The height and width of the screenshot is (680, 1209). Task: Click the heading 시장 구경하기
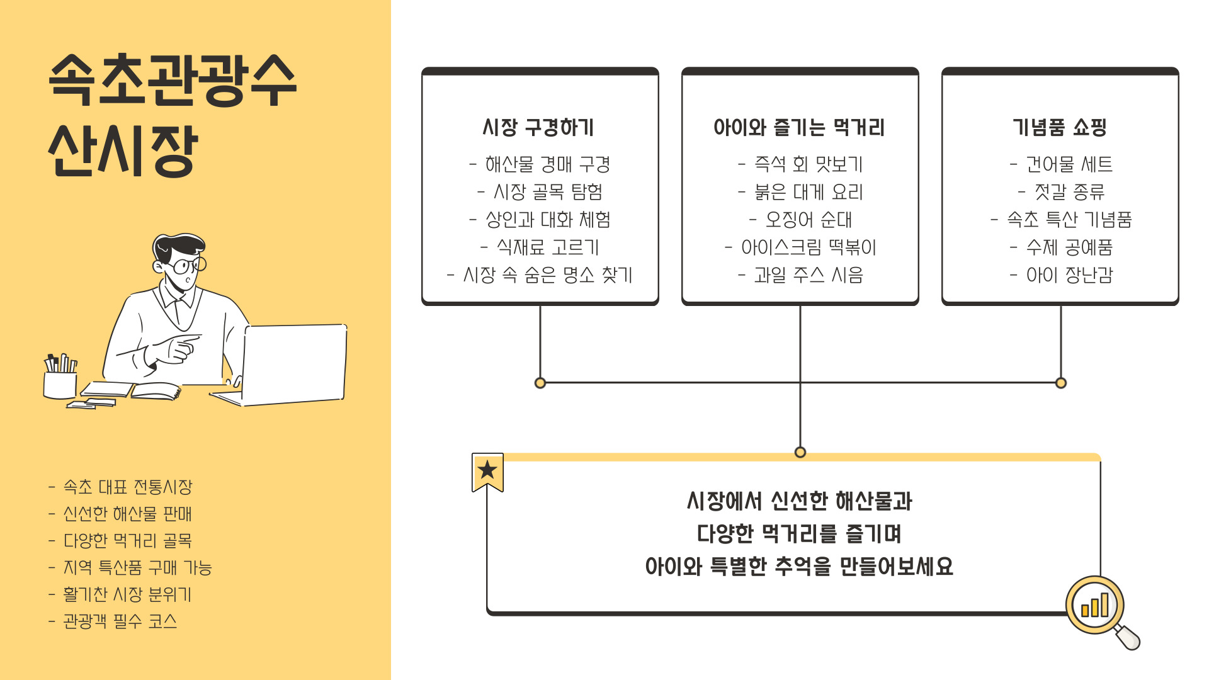538,128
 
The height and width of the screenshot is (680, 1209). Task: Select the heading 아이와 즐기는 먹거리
799,128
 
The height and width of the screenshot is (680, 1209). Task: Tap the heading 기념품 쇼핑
1060,128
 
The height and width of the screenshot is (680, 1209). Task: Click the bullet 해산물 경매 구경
540,164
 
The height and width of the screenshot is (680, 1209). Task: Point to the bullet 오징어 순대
801,220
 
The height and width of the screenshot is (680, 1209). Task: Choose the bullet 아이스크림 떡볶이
801,247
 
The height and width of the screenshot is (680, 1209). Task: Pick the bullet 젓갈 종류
1062,192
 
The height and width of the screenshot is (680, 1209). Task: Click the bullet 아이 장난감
1062,275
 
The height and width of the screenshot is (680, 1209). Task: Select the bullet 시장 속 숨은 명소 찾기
540,275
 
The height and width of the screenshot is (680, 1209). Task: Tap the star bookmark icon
487,471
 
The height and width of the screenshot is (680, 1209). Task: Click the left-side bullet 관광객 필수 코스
113,621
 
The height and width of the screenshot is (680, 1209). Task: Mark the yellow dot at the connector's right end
1061,383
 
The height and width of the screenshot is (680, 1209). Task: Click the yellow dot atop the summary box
800,452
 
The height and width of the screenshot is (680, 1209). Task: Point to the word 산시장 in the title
123,150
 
